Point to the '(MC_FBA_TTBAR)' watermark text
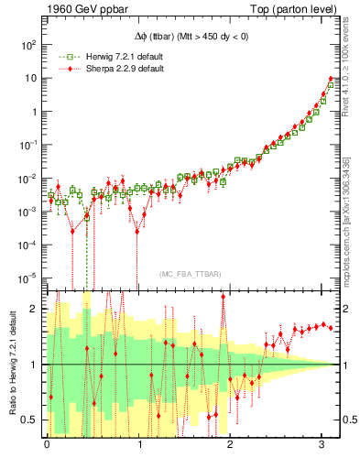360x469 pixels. click(x=189, y=274)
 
